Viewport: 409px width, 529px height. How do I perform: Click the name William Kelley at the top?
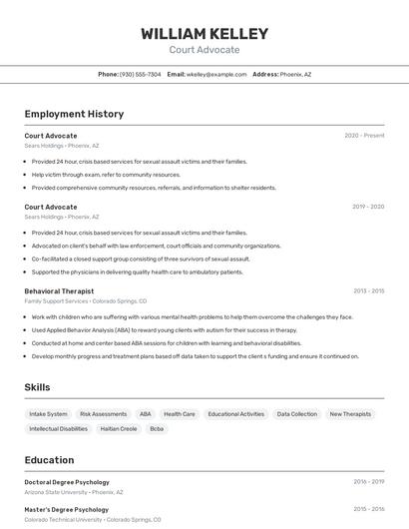204,33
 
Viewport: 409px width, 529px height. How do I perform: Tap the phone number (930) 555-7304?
140,74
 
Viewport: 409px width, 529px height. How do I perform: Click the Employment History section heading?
74,114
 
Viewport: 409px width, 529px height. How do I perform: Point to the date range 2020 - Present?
364,135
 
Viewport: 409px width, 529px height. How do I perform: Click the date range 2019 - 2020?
368,207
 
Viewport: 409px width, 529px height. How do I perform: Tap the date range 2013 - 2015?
368,290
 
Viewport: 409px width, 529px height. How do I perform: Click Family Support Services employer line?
86,300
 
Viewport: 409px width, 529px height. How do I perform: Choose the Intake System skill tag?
48,413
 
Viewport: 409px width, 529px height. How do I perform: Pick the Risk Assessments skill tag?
103,413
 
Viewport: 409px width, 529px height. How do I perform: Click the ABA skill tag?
146,413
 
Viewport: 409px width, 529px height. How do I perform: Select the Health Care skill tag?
180,413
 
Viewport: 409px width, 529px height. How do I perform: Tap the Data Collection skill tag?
296,413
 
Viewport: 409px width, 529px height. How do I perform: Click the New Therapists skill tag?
350,413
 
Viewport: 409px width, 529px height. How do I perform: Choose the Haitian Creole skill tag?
118,428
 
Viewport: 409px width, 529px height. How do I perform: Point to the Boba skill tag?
157,428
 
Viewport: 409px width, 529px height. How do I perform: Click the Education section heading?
49,460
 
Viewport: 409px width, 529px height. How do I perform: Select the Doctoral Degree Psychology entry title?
67,482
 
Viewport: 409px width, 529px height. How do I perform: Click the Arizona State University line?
74,492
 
